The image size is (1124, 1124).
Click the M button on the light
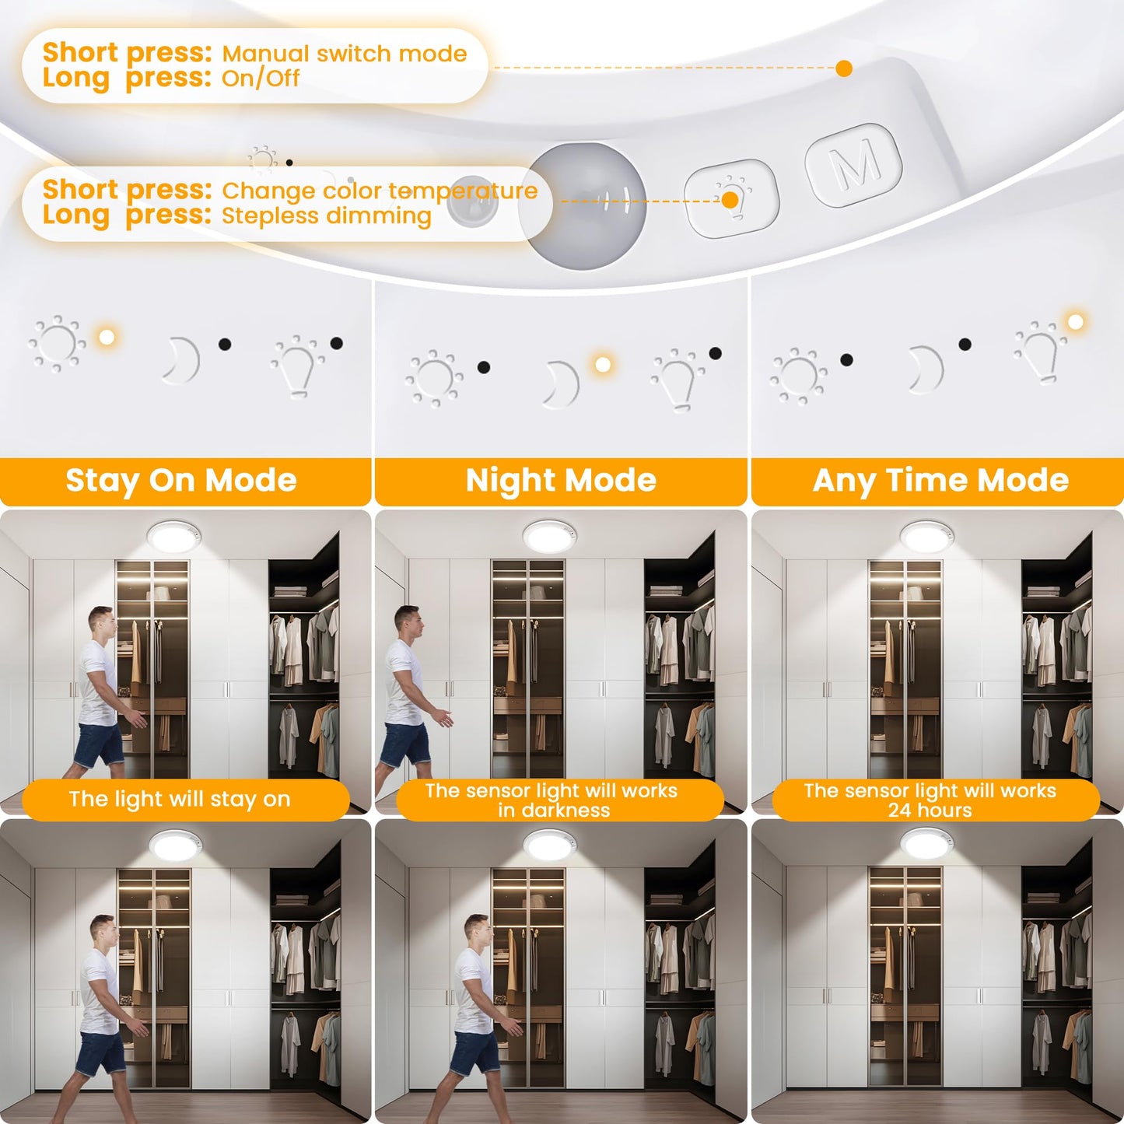(x=853, y=165)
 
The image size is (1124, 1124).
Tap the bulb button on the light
(x=731, y=198)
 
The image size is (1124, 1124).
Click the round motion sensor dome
(x=587, y=206)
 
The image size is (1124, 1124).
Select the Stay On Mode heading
(x=181, y=481)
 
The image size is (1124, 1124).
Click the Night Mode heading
(x=561, y=481)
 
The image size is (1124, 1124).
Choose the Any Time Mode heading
(x=940, y=481)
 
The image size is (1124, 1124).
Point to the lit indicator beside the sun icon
(x=107, y=337)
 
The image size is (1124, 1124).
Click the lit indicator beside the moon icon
(x=602, y=364)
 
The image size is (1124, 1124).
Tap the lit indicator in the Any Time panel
(x=1076, y=322)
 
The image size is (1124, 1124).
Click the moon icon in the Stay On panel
(x=181, y=360)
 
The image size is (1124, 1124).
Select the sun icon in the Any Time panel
(x=797, y=375)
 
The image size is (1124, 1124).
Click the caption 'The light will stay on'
(x=180, y=799)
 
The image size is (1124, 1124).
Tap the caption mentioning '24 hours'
(x=930, y=800)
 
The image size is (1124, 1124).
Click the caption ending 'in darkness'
(x=552, y=800)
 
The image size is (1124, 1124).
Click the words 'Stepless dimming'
(x=326, y=215)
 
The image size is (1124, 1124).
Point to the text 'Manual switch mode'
(x=344, y=54)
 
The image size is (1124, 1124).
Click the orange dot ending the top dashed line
(x=844, y=68)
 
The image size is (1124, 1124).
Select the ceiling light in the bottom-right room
(x=926, y=843)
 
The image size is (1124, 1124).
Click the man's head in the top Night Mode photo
(x=406, y=619)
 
